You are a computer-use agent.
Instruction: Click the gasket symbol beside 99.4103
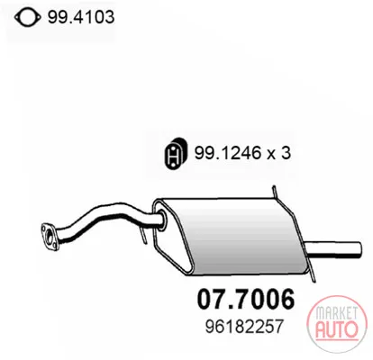(27, 17)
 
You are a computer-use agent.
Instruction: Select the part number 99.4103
(81, 17)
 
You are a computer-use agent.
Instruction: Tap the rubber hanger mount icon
(176, 153)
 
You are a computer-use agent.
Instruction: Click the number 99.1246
(226, 153)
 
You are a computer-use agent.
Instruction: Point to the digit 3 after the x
(286, 153)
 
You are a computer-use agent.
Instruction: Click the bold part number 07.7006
(246, 299)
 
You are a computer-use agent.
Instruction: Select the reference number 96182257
(244, 327)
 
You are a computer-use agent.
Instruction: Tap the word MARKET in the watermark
(336, 313)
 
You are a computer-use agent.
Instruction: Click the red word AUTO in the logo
(337, 328)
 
